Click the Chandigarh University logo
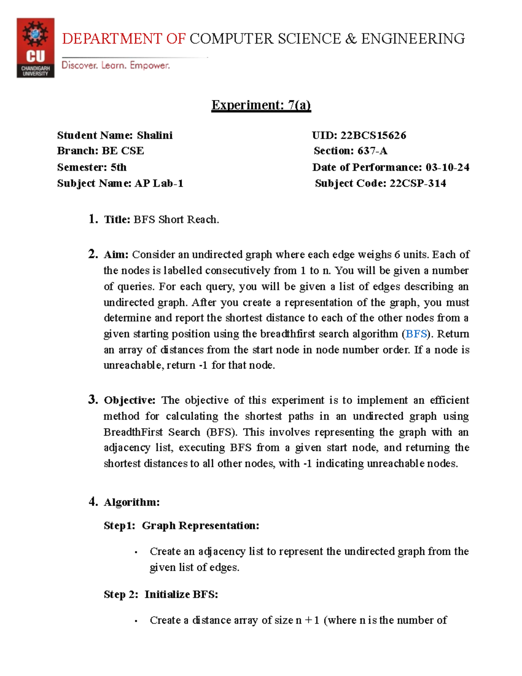click(x=35, y=48)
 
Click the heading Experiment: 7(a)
click(x=261, y=105)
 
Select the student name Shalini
click(x=154, y=135)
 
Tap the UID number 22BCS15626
click(x=373, y=135)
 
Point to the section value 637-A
click(x=372, y=151)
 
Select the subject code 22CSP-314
click(x=418, y=183)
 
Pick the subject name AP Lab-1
click(x=159, y=183)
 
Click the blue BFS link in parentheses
click(x=416, y=334)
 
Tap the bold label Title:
click(x=117, y=220)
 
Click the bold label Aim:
click(x=116, y=255)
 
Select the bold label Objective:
click(x=129, y=400)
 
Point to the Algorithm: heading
click(x=131, y=502)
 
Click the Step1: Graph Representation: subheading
click(x=181, y=526)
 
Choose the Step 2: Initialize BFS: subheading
click(x=161, y=595)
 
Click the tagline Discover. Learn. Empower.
click(x=116, y=65)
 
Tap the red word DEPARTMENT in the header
click(x=112, y=39)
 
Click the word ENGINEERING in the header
click(x=413, y=39)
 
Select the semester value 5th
click(x=118, y=167)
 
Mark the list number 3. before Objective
click(x=93, y=399)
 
